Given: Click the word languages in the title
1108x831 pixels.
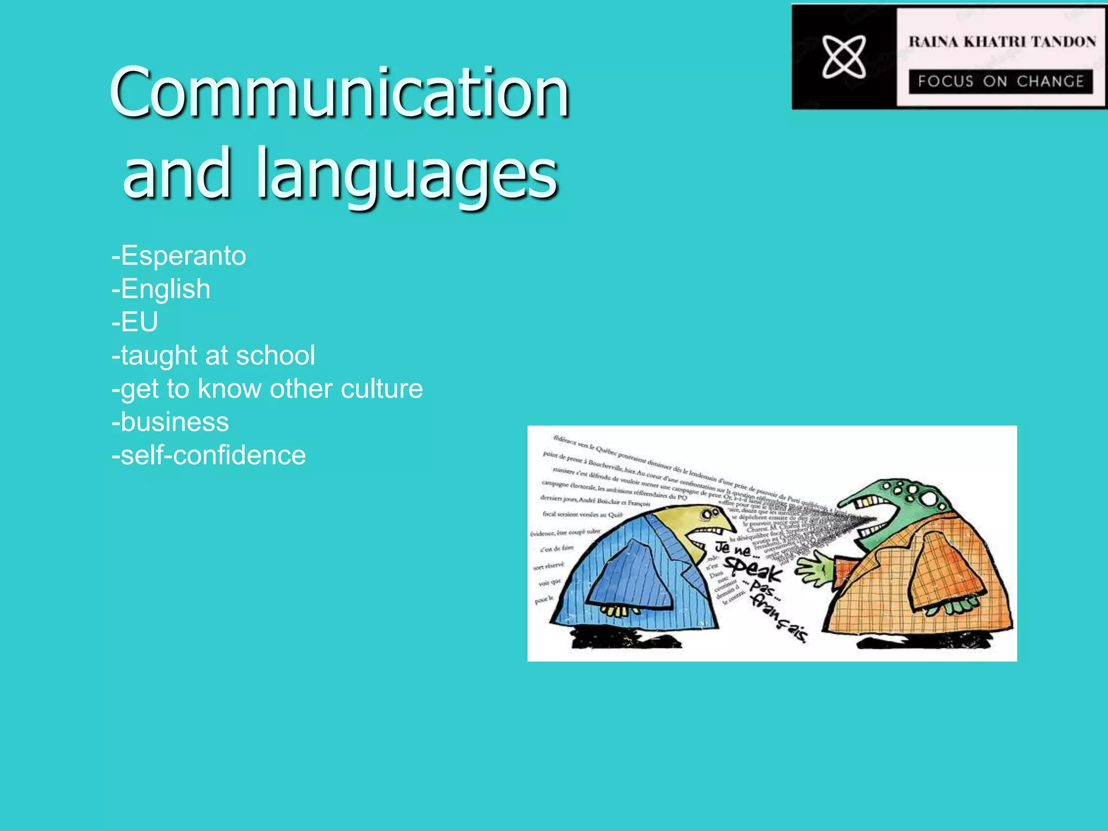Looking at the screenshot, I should pyautogui.click(x=407, y=174).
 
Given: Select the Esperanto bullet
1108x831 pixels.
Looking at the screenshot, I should pyautogui.click(x=179, y=256).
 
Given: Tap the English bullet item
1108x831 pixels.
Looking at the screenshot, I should pyautogui.click(x=161, y=289).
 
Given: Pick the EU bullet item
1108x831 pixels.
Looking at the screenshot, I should pyautogui.click(x=135, y=322).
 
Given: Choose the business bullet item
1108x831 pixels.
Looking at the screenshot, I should pyautogui.click(x=170, y=422).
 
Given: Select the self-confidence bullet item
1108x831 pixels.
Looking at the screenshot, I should pyautogui.click(x=209, y=456).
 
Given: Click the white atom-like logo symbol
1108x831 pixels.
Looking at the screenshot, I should pyautogui.click(x=844, y=57).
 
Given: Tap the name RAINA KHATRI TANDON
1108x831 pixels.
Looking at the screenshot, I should pyautogui.click(x=1002, y=42).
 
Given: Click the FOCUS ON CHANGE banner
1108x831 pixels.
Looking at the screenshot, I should pyautogui.click(x=1001, y=81).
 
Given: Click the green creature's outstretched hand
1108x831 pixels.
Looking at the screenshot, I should pyautogui.click(x=815, y=571).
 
